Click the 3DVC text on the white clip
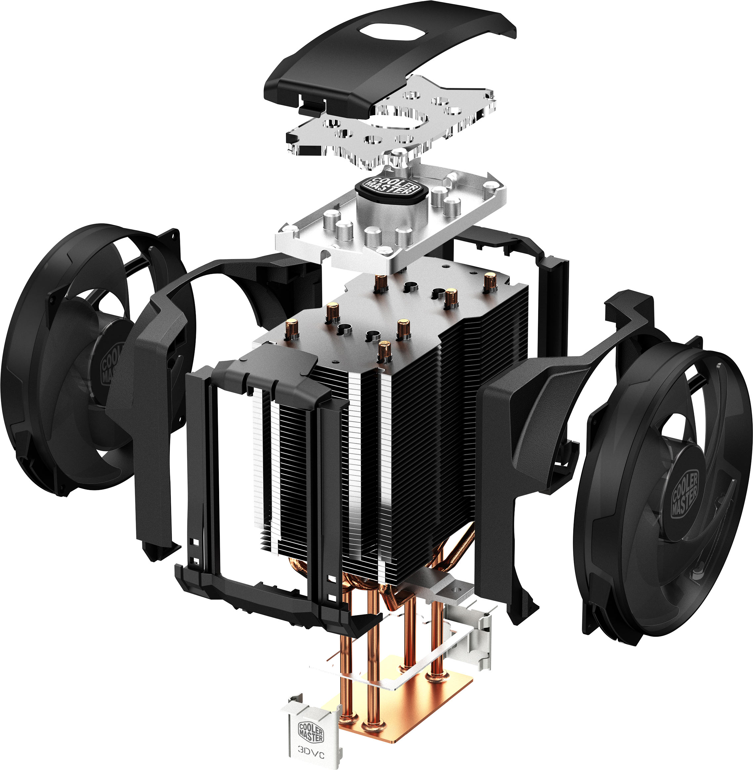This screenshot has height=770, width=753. (311, 755)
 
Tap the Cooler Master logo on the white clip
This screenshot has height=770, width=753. (311, 732)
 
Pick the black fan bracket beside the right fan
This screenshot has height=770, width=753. (510, 455)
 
